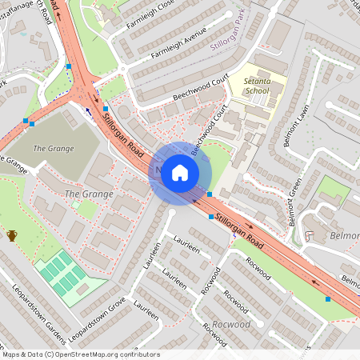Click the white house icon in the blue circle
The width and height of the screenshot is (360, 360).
coord(180,173)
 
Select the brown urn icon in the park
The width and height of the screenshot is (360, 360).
coord(12,235)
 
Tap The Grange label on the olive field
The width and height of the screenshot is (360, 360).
coord(54,149)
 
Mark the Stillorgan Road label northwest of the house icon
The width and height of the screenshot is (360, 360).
coord(127,135)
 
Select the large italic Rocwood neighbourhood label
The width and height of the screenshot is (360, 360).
coord(233,326)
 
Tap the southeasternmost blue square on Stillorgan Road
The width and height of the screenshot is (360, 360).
coord(328,299)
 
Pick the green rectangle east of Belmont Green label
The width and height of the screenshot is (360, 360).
coord(331,190)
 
